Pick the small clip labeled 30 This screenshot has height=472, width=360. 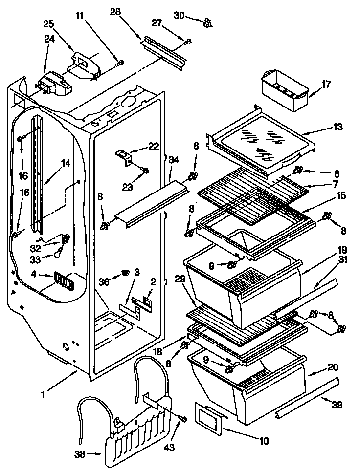pyautogui.click(x=208, y=21)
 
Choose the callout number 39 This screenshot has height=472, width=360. pyautogui.click(x=337, y=405)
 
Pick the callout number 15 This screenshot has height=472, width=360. pyautogui.click(x=340, y=196)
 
